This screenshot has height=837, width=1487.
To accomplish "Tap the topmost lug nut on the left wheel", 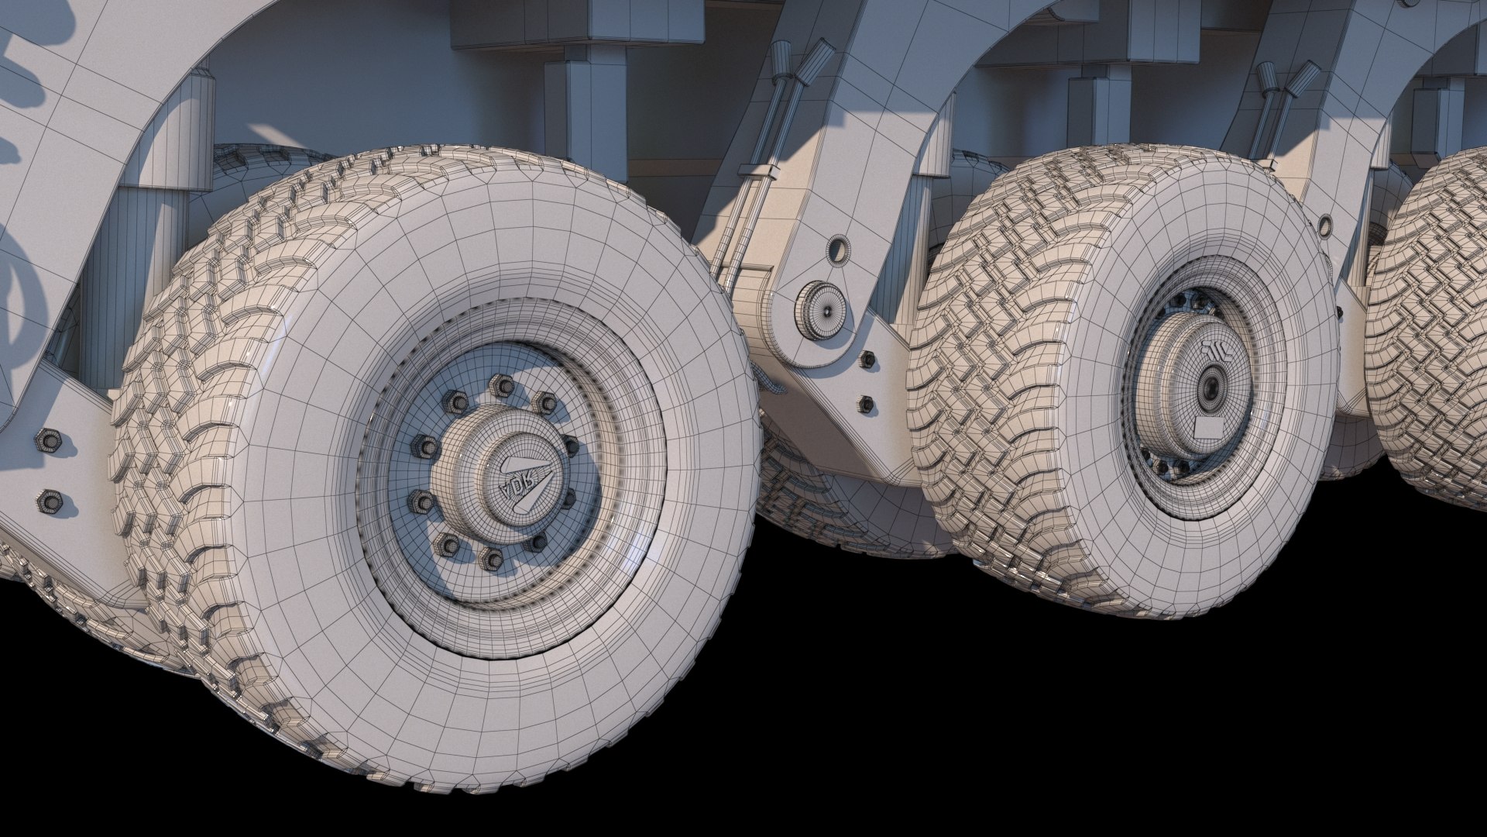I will [501, 385].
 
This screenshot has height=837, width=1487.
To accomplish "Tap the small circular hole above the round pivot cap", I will [838, 250].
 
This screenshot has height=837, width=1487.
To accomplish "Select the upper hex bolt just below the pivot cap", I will [867, 359].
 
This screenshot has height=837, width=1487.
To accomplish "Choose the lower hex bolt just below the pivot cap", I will [866, 403].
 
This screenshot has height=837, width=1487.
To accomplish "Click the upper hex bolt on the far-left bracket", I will [48, 440].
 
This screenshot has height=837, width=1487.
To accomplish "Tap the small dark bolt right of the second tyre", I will [1338, 312].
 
